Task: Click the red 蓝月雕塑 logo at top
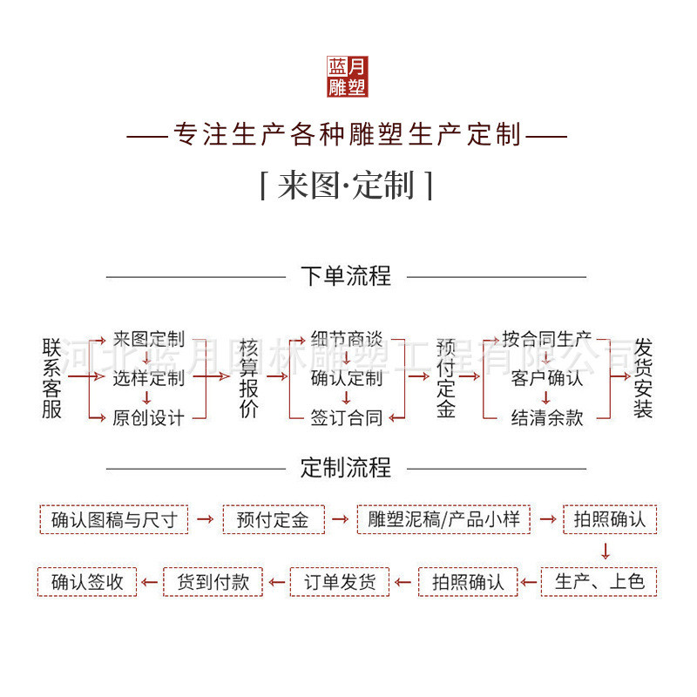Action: point(348,77)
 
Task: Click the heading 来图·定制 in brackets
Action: point(347,186)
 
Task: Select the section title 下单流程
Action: point(346,277)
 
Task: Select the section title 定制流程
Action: point(346,468)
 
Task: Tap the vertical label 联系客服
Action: point(52,378)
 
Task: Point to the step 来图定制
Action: point(149,339)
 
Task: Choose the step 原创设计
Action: point(149,417)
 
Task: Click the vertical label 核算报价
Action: point(248,378)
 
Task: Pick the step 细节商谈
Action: point(347,339)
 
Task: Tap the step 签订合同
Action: point(347,417)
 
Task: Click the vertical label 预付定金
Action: point(446,378)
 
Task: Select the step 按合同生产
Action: point(547,339)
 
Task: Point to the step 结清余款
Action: point(547,417)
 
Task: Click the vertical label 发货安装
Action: point(644,378)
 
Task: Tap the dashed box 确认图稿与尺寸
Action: point(113,520)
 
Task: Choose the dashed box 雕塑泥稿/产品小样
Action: point(443,520)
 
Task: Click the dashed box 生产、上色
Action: point(599,581)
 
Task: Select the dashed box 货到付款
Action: point(213,581)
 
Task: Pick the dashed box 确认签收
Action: point(87,581)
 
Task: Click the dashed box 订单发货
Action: point(339,581)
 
